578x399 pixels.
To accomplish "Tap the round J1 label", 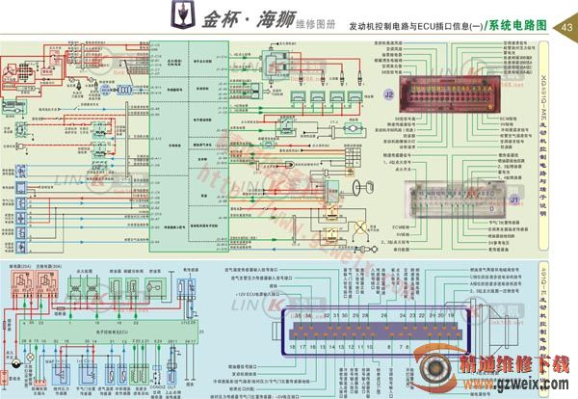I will [513, 199].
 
